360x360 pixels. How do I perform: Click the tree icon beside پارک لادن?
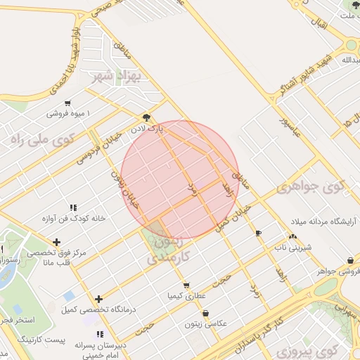tap(146, 117)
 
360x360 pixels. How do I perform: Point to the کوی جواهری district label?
tap(311, 187)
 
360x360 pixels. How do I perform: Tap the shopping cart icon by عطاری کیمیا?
tap(186, 285)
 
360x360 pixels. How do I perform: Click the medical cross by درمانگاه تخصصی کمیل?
tap(98, 299)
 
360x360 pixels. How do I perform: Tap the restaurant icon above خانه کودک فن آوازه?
tap(72, 207)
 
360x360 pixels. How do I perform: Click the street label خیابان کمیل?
tap(232, 219)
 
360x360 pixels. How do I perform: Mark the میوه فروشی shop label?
tap(69, 112)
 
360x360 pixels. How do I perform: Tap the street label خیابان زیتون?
tap(127, 190)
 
